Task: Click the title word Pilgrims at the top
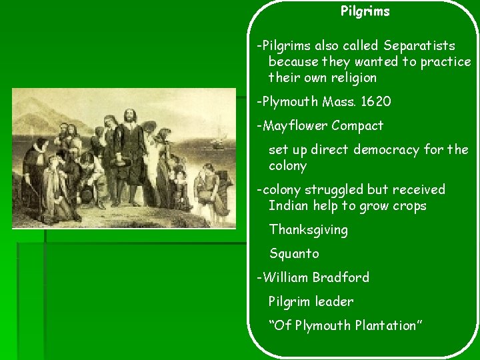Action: [x=365, y=11]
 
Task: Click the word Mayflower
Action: [x=295, y=125]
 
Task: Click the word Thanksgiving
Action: [x=308, y=230]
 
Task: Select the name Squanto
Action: [x=294, y=254]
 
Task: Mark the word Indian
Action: [x=288, y=206]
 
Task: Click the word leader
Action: [x=335, y=301]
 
